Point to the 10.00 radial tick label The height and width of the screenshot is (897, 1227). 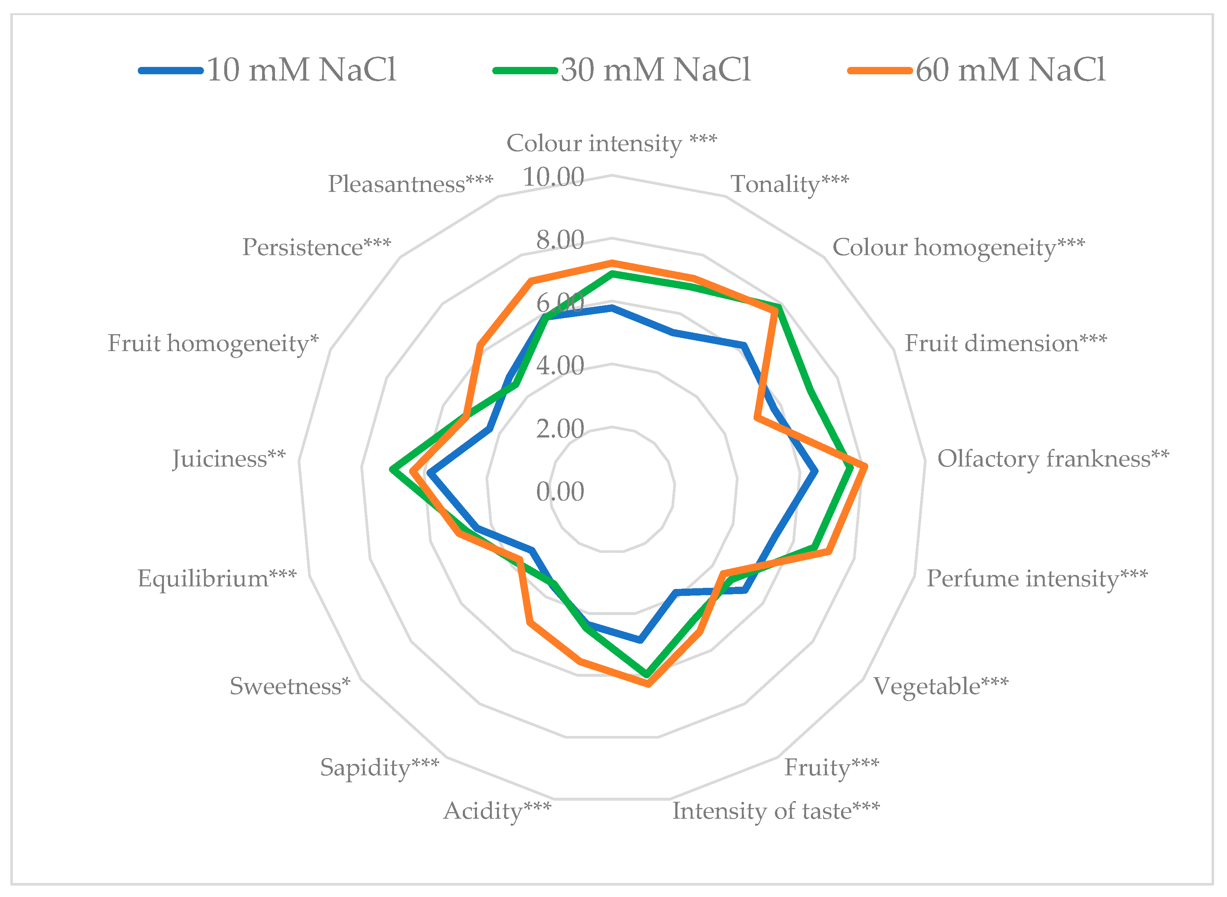[x=553, y=177]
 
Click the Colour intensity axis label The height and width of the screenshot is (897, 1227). [x=611, y=143]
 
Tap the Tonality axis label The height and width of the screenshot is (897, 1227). [x=790, y=184]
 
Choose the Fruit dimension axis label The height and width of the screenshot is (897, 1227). [x=1005, y=343]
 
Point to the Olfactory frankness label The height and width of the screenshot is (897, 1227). [x=1053, y=459]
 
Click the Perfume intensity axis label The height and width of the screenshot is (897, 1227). [x=1037, y=578]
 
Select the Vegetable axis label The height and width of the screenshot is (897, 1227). [x=940, y=686]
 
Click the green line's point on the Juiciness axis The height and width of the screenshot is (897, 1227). [x=393, y=470]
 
